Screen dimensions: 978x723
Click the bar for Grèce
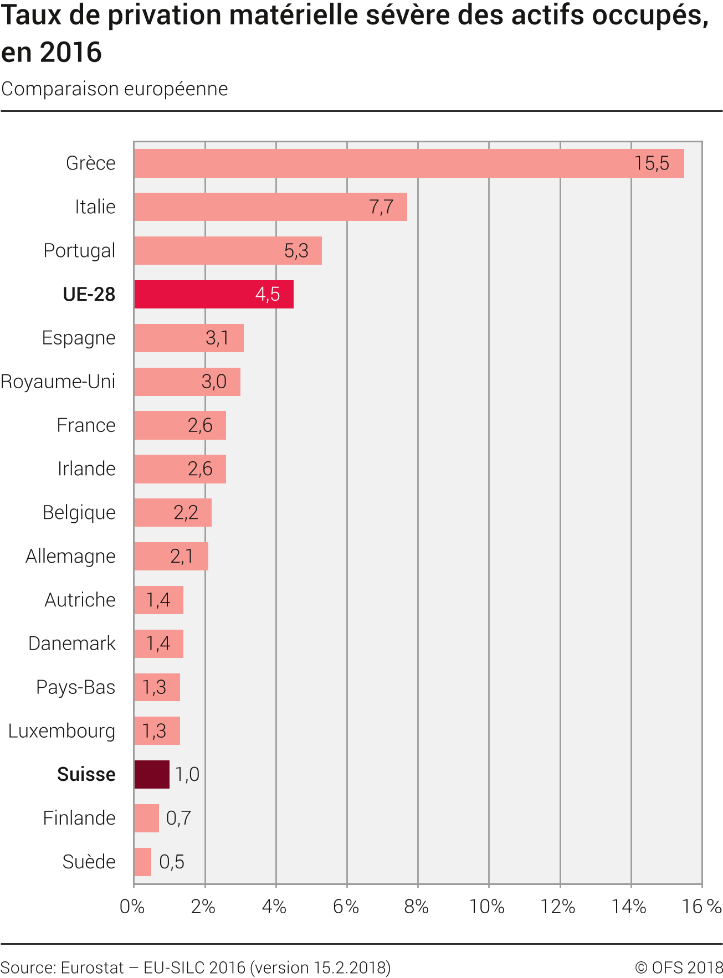pyautogui.click(x=409, y=163)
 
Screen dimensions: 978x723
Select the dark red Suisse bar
pyautogui.click(x=152, y=774)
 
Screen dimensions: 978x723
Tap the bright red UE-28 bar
pyautogui.click(x=213, y=294)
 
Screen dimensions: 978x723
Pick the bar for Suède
pyautogui.click(x=142, y=862)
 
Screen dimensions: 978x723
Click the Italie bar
pyautogui.click(x=270, y=207)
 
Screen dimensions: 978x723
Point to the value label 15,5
pyautogui.click(x=652, y=163)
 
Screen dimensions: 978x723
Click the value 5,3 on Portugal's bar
pyautogui.click(x=296, y=251)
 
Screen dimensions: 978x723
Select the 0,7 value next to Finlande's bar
pyautogui.click(x=178, y=818)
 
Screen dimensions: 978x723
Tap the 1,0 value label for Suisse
pyautogui.click(x=187, y=774)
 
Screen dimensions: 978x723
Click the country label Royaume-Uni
pyautogui.click(x=58, y=382)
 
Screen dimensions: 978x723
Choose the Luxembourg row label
pyautogui.click(x=61, y=731)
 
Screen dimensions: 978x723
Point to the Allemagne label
pyautogui.click(x=70, y=556)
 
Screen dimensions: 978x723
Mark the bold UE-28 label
pyautogui.click(x=89, y=294)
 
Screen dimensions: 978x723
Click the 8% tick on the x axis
pyautogui.click(x=417, y=907)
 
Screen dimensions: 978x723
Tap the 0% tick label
pyautogui.click(x=132, y=907)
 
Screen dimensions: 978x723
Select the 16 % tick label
pyautogui.click(x=701, y=907)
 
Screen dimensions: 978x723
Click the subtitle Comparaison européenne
pyautogui.click(x=115, y=89)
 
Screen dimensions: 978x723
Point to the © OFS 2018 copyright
pyautogui.click(x=679, y=967)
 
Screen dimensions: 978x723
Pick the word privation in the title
pyautogui.click(x=165, y=16)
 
